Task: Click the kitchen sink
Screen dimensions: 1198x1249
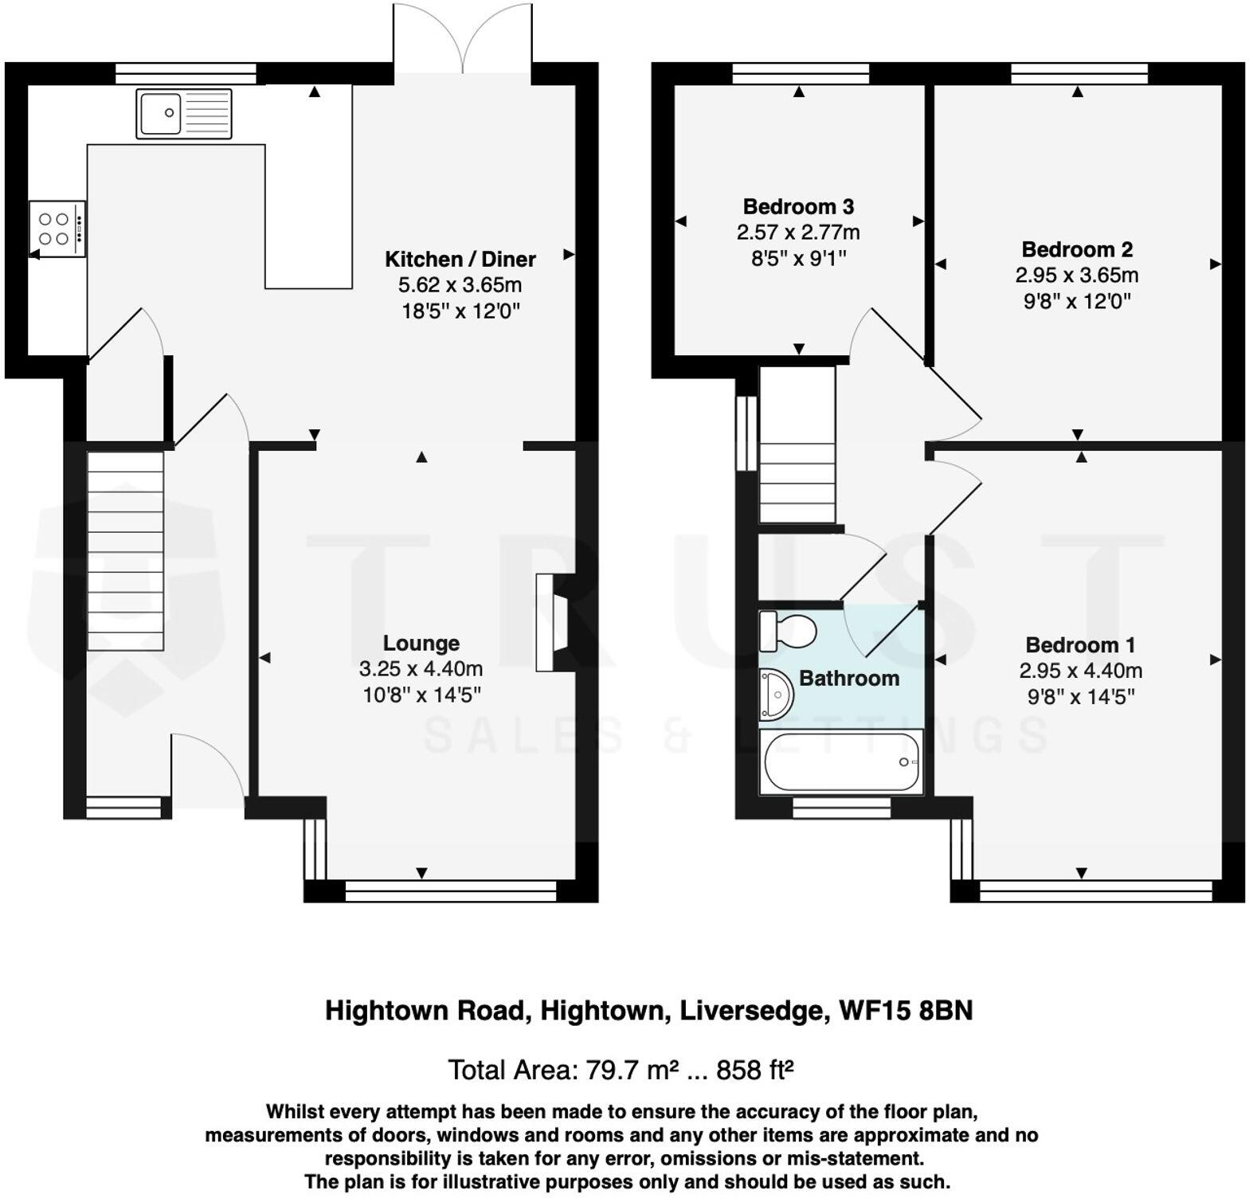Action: click(183, 114)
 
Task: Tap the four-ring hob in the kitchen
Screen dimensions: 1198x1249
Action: click(57, 229)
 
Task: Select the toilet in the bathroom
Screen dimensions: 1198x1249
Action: click(788, 631)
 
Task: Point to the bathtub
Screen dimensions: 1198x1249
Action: click(841, 761)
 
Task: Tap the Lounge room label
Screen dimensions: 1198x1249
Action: click(421, 644)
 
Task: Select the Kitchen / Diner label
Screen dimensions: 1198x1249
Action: click(460, 259)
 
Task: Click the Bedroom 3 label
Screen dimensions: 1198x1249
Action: click(798, 207)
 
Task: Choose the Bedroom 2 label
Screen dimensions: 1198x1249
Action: click(1077, 249)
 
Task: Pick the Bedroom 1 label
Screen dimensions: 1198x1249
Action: click(1080, 644)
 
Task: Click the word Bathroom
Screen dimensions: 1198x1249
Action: click(849, 679)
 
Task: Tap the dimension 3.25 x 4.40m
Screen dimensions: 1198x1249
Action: click(421, 669)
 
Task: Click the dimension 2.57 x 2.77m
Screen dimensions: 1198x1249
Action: click(798, 233)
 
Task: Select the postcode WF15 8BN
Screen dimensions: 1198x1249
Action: click(906, 1011)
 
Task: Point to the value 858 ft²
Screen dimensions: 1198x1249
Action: click(754, 1070)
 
